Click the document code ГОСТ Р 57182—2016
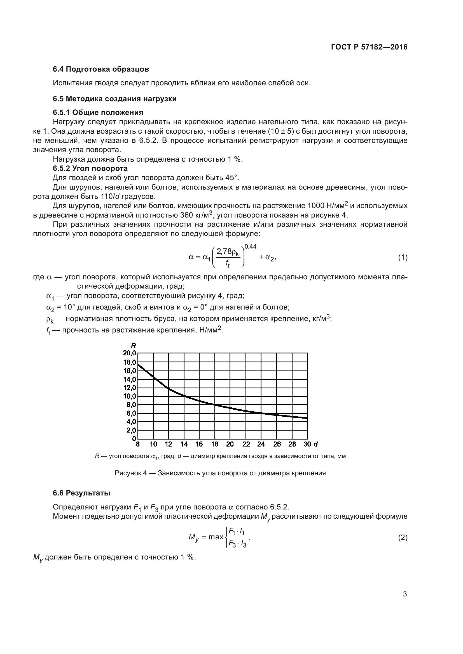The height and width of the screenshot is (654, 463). pos(369,47)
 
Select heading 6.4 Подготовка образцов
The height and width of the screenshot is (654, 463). pos(101,69)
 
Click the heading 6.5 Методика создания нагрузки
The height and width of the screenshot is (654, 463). pos(114,99)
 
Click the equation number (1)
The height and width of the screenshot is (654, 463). pos(403,258)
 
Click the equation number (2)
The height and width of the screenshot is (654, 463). pos(403,537)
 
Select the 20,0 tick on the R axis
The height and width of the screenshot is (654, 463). pos(129,353)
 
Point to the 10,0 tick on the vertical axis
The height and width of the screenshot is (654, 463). pos(129,396)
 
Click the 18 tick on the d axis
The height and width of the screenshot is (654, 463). pos(215,444)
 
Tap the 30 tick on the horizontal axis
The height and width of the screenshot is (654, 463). pos(307,444)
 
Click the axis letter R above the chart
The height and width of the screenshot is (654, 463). pos(133,346)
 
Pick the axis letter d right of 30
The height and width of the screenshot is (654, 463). pos(315,444)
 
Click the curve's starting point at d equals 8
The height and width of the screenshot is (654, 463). pos(138,364)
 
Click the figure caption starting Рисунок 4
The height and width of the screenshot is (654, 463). pos(220,473)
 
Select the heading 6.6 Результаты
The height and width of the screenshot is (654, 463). pos(81,493)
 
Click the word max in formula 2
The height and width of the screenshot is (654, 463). pos(216,537)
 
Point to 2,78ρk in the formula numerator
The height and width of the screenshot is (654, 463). pos(228,252)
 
